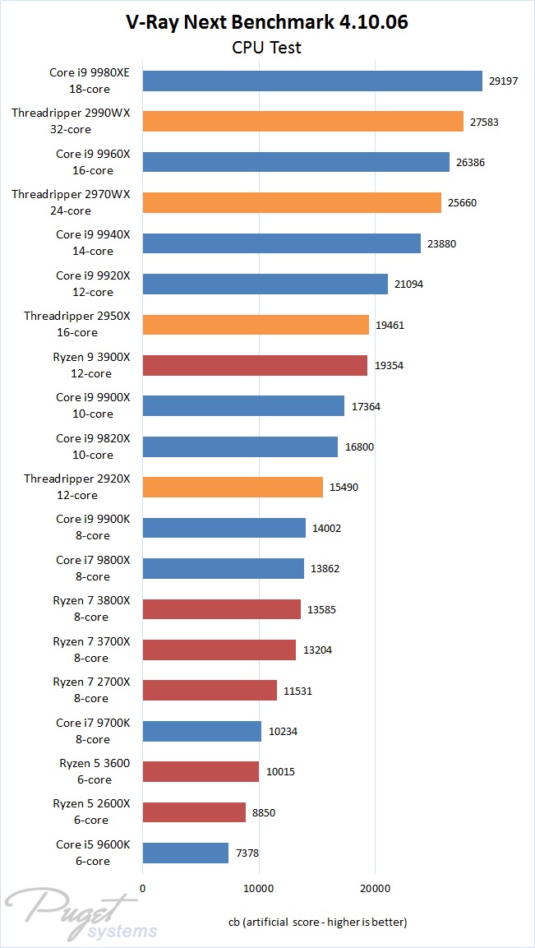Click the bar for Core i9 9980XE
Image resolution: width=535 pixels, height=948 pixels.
click(x=312, y=81)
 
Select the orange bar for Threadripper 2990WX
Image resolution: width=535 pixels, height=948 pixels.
click(x=302, y=122)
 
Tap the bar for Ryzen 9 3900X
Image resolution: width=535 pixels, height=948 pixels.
click(x=255, y=365)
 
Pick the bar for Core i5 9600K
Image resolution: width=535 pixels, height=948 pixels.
click(x=185, y=853)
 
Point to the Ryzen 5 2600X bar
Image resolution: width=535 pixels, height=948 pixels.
click(x=194, y=812)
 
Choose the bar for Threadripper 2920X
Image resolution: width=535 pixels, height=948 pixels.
click(x=233, y=488)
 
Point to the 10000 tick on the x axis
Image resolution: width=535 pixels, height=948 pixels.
click(x=259, y=887)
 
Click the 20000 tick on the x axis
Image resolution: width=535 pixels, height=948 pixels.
click(x=375, y=887)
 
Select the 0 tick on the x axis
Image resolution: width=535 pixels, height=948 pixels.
click(x=143, y=887)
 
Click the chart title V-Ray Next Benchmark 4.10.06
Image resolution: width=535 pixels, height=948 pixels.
click(x=267, y=22)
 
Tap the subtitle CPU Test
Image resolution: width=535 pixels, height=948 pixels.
click(x=267, y=48)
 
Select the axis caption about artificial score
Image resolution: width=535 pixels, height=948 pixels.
click(x=317, y=922)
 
